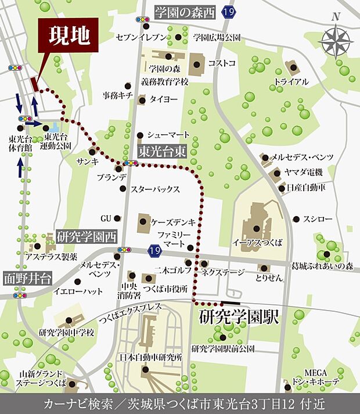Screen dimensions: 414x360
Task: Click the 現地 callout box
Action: (x=68, y=37)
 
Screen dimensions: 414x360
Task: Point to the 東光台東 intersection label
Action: (x=162, y=151)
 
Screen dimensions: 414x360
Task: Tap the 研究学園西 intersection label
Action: (x=87, y=236)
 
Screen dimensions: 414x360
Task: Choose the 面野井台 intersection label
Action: (x=27, y=277)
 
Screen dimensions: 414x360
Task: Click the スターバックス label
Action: (x=155, y=189)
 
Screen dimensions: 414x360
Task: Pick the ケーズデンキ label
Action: (x=174, y=222)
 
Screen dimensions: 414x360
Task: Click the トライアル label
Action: (x=291, y=82)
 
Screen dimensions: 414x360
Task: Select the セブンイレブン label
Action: (x=142, y=37)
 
